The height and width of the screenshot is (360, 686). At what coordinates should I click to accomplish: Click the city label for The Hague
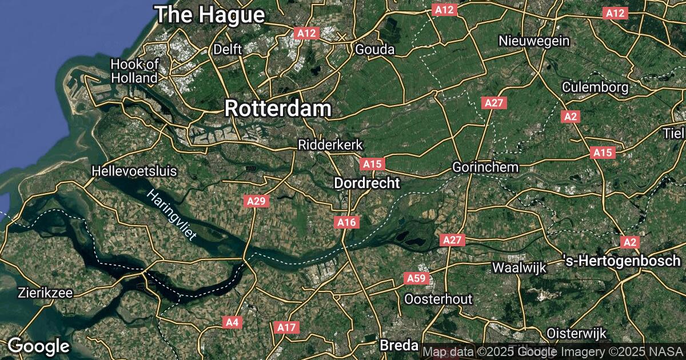pyautogui.click(x=211, y=15)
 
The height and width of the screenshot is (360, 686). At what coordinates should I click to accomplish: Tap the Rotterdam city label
pyautogui.click(x=278, y=109)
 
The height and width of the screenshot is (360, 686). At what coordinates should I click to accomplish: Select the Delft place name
pyautogui.click(x=228, y=50)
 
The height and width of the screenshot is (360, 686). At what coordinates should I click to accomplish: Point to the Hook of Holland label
pyautogui.click(x=134, y=71)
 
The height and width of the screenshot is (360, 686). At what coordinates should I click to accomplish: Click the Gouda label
pyautogui.click(x=375, y=50)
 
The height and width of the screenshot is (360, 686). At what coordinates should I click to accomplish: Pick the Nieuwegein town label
pyautogui.click(x=534, y=41)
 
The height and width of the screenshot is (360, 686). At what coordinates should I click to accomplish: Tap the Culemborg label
pyautogui.click(x=595, y=87)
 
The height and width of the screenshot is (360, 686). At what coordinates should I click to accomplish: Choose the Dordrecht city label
pyautogui.click(x=366, y=183)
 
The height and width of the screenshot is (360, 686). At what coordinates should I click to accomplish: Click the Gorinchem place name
pyautogui.click(x=485, y=167)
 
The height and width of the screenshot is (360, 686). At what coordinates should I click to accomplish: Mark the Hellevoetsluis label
pyautogui.click(x=134, y=171)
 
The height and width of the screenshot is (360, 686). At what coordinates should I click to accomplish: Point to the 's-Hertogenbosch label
pyautogui.click(x=624, y=261)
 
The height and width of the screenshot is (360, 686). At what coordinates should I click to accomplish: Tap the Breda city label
pyautogui.click(x=398, y=346)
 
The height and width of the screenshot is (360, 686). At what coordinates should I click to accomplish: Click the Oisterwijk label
pyautogui.click(x=576, y=333)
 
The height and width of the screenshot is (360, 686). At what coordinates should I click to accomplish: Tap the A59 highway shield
pyautogui.click(x=416, y=278)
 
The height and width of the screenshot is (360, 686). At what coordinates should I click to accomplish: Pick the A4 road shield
pyautogui.click(x=232, y=322)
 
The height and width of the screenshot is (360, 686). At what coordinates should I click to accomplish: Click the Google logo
pyautogui.click(x=38, y=346)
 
